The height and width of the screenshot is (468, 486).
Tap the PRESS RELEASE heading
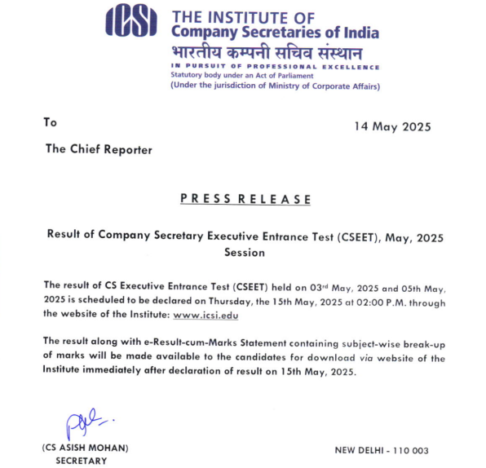[245, 199]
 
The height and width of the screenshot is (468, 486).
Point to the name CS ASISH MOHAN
[86, 448]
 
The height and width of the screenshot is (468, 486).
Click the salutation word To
[51, 122]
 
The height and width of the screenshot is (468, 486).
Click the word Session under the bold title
[245, 252]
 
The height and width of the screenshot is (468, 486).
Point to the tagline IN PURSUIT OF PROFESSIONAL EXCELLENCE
[275, 66]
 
